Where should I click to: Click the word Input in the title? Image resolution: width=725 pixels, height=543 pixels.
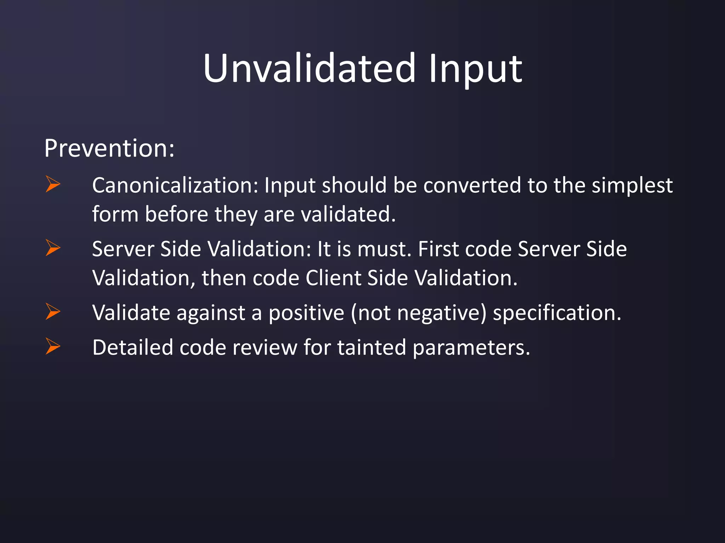click(x=475, y=69)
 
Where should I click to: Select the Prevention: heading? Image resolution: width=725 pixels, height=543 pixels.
click(x=109, y=148)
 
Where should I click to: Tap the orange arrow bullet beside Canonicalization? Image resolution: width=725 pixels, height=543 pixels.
click(x=53, y=184)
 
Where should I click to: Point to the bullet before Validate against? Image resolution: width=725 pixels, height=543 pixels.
click(x=53, y=311)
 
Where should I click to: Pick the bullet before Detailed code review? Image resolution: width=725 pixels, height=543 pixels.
click(x=53, y=346)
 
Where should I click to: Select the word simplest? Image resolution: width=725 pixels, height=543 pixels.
click(x=632, y=186)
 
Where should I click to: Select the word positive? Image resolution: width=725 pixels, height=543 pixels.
click(x=306, y=313)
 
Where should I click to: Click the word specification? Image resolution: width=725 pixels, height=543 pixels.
click(x=557, y=313)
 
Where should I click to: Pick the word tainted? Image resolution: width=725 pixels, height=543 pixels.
click(x=371, y=348)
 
